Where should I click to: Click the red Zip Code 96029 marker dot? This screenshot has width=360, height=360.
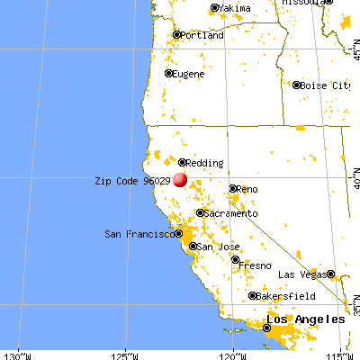tap(180, 179)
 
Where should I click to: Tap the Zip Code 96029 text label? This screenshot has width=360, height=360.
tap(132, 180)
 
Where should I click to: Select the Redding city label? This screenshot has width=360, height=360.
tap(205, 163)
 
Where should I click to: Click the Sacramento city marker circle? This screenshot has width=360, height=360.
tap(200, 212)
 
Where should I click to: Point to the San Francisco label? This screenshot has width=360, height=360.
tap(139, 234)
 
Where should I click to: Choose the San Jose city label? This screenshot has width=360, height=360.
tap(217, 247)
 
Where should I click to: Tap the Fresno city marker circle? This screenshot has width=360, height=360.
tap(236, 260)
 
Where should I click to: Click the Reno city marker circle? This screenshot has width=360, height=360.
tap(232, 189)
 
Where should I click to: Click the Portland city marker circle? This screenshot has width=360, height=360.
tap(177, 36)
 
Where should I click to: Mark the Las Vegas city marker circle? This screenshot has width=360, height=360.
tap(330, 274)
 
